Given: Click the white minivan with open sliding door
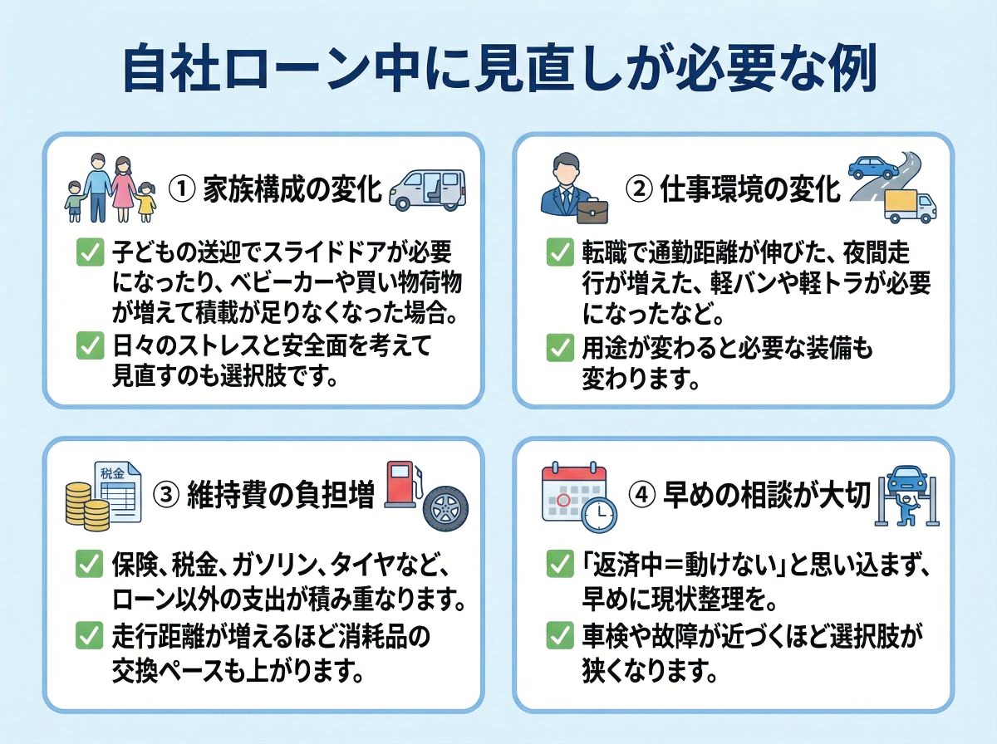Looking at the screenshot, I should coord(427,189).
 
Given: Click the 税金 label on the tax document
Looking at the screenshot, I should coord(112,473).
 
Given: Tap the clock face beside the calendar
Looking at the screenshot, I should coord(598,516).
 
